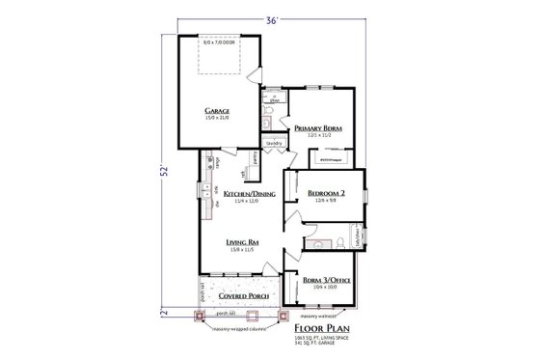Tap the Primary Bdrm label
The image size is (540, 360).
[x=319, y=127]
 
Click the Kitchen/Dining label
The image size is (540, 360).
[x=244, y=194]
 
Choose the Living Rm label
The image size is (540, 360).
[x=241, y=241]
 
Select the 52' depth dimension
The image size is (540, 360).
[x=165, y=171]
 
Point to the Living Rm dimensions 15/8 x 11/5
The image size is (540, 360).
[x=241, y=249]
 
